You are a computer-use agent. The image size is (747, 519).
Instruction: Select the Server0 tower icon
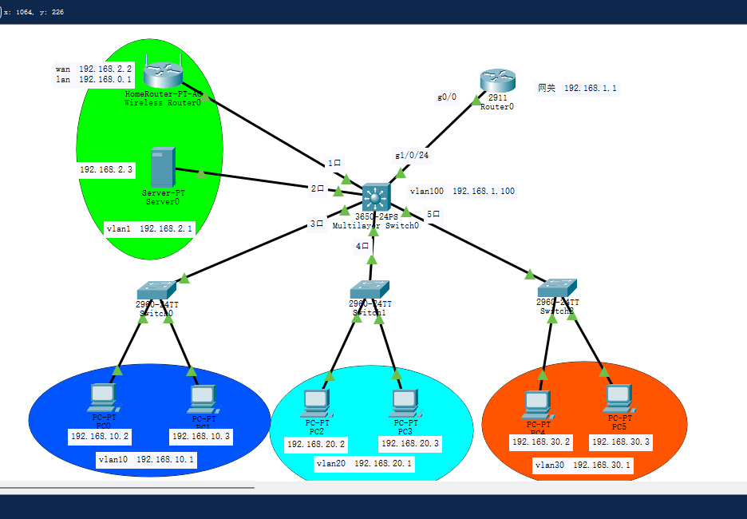point(162,167)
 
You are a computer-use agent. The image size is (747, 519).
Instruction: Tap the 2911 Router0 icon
point(497,81)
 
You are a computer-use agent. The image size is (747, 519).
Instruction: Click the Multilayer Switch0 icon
point(375,197)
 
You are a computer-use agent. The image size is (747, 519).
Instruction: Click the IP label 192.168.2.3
point(106,169)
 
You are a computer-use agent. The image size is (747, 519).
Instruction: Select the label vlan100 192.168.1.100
point(462,191)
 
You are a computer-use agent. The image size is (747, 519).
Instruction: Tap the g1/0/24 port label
point(412,155)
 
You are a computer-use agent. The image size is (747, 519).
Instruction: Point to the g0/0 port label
point(447,97)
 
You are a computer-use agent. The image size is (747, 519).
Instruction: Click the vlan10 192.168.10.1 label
point(147,460)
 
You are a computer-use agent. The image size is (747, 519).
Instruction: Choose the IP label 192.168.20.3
point(409,443)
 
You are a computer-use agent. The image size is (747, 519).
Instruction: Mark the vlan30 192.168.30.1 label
point(583,465)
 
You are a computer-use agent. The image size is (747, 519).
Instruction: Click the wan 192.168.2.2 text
point(93,69)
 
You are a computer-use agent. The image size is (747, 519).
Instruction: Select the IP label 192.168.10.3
point(201,437)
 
